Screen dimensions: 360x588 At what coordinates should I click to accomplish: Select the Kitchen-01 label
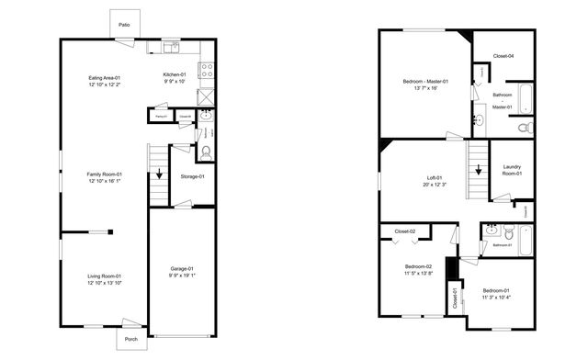[x=175, y=74]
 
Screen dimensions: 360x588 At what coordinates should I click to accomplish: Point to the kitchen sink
[x=172, y=46]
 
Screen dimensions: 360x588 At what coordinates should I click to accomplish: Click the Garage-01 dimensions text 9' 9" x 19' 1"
[x=182, y=276]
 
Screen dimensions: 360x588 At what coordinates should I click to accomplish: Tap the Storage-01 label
[x=193, y=176]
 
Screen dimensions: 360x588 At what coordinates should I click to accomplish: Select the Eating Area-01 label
[x=105, y=78]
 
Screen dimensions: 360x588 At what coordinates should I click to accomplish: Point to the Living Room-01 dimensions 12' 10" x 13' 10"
[x=105, y=283]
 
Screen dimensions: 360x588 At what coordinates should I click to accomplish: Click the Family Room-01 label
[x=105, y=174]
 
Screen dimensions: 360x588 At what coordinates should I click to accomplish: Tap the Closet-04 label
[x=503, y=56]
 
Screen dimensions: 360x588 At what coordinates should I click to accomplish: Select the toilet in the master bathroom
[x=525, y=128]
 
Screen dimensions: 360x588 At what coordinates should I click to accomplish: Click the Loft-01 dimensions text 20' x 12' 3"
[x=434, y=185]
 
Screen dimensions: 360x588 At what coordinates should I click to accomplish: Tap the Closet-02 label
[x=405, y=231]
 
